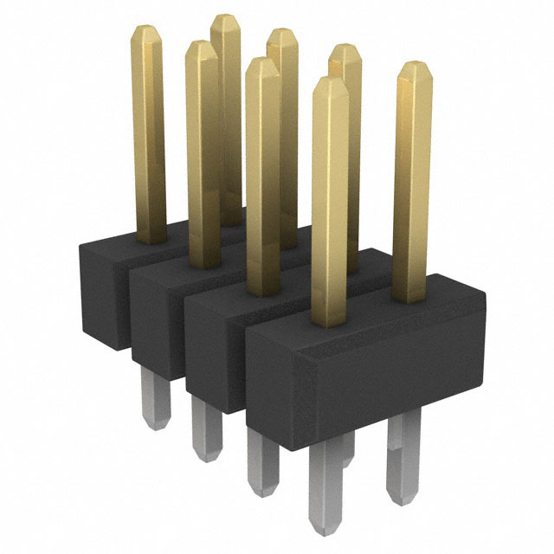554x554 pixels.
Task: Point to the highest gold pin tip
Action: [226, 20]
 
